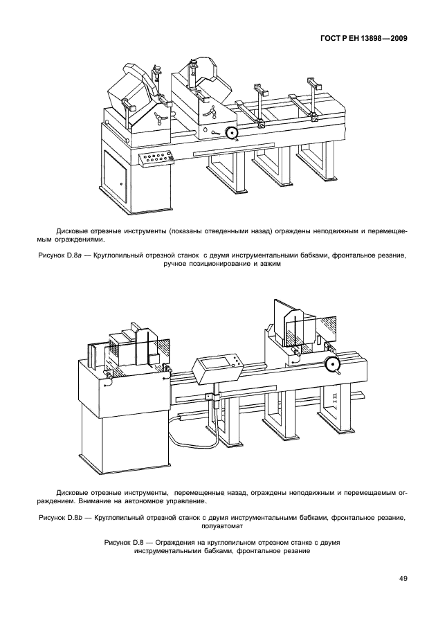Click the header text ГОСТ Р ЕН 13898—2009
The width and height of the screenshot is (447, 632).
pyautogui.click(x=363, y=39)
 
